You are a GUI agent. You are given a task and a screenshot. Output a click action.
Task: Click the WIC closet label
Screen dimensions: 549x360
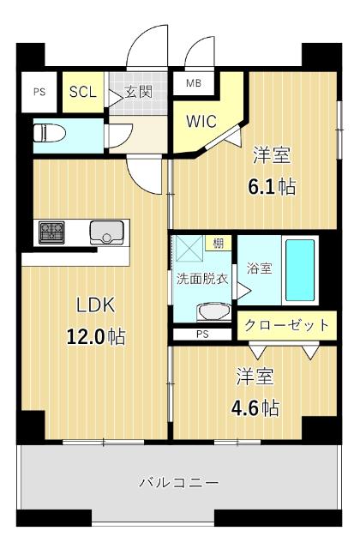coord(202,120)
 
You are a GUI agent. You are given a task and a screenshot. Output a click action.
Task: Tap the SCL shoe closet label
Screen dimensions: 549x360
coord(82,92)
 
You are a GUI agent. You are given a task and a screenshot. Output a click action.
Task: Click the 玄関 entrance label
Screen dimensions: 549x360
coord(139,92)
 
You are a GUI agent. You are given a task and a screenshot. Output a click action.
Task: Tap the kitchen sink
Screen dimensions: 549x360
coord(107,233)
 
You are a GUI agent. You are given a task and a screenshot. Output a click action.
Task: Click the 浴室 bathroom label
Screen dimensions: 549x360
coord(258,268)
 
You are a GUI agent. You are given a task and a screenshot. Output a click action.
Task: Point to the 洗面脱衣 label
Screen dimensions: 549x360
coord(202,279)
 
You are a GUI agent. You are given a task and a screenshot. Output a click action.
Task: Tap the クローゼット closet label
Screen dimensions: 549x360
coord(286,325)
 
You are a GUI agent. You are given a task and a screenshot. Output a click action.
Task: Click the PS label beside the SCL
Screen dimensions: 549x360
coord(39,92)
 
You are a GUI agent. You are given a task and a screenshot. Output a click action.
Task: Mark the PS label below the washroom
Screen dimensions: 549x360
coord(202,334)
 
